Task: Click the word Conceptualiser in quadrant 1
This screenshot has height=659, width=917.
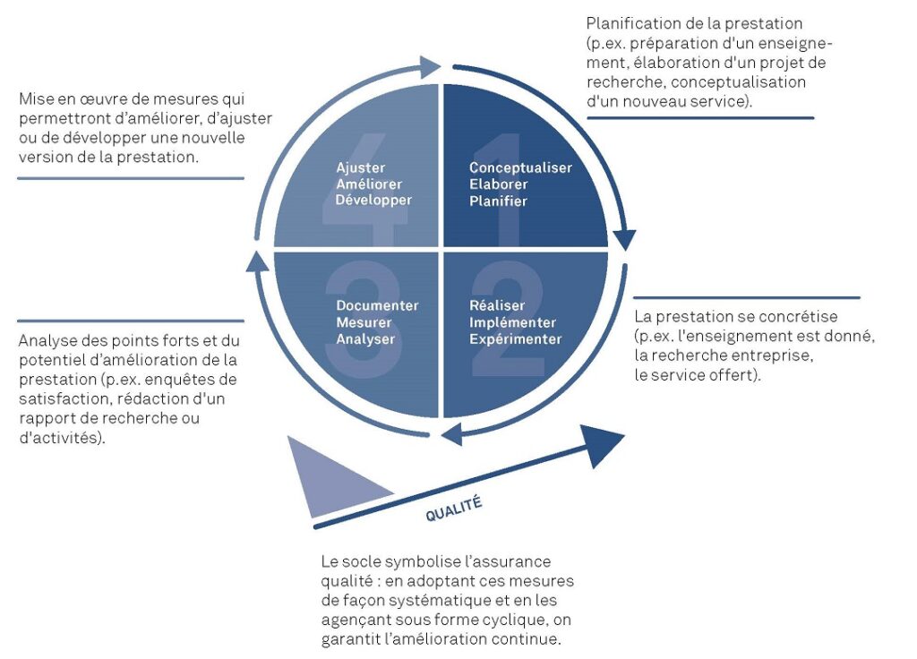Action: point(520,167)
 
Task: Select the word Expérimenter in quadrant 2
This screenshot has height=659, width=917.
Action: point(515,339)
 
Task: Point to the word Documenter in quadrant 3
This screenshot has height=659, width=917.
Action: point(377,305)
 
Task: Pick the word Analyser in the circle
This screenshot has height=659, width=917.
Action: point(365,339)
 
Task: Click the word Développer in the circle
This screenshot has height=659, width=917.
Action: point(373,201)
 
